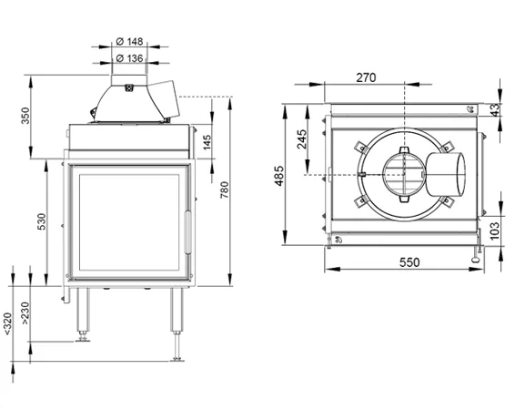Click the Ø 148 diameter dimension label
[x=129, y=42]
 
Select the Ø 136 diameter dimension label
[x=129, y=58]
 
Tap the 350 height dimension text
[x=25, y=116]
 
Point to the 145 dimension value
[x=207, y=142]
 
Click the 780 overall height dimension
[x=225, y=190]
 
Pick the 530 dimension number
[x=42, y=221]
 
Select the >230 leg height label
[x=25, y=313]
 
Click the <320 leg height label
[x=8, y=323]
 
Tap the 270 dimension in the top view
[x=366, y=77]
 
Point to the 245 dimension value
[x=302, y=139]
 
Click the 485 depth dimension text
[x=279, y=176]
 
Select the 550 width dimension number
[x=409, y=262]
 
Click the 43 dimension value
[x=495, y=109]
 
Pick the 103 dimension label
[x=494, y=231]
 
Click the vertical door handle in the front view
[x=187, y=232]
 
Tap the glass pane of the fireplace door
[x=129, y=222]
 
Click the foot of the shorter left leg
[x=83, y=340]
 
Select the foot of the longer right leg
[x=177, y=359]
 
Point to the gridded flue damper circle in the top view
[x=405, y=175]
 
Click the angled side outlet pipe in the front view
[x=164, y=99]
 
